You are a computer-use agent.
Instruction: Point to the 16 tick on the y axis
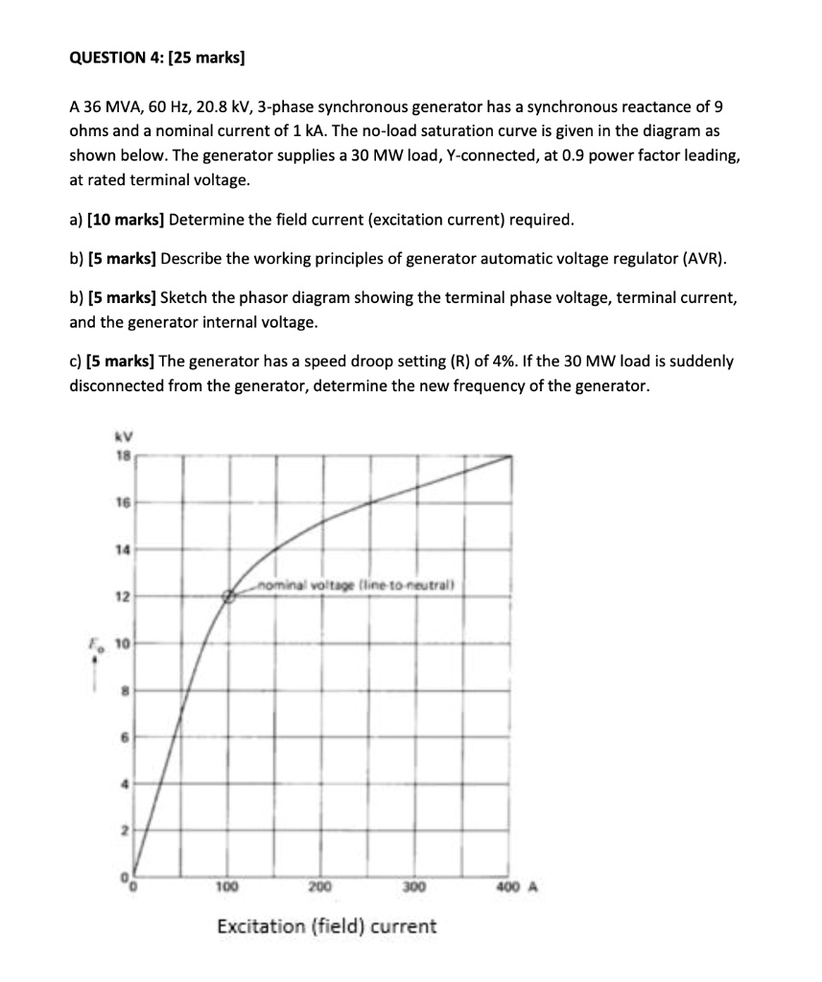click(x=121, y=502)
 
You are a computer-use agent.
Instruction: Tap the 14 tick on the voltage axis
click(x=121, y=549)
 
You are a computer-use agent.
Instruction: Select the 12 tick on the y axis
click(x=121, y=596)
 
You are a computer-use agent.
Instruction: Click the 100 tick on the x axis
click(x=228, y=887)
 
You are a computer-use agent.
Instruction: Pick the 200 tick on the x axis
click(x=320, y=887)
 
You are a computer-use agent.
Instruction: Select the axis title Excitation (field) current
click(x=326, y=926)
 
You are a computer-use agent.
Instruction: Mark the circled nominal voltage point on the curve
click(x=229, y=596)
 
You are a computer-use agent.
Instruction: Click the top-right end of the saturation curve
click(x=510, y=457)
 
